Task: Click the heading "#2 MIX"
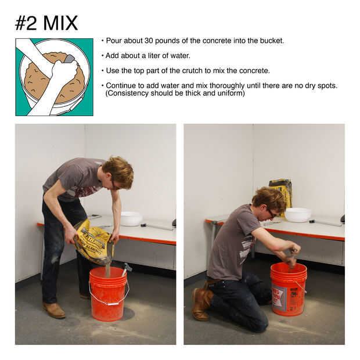[x=46, y=23]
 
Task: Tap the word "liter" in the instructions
[x=153, y=56]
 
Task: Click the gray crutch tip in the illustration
[x=69, y=59]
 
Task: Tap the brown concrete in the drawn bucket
[x=37, y=80]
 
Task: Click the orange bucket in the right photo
[x=289, y=290]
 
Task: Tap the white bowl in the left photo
[x=131, y=219]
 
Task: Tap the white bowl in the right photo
[x=298, y=215]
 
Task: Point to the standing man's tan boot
[x=54, y=310]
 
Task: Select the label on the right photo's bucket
[x=279, y=297]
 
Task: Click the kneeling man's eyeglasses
[x=272, y=213]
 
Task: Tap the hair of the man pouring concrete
[x=120, y=170]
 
